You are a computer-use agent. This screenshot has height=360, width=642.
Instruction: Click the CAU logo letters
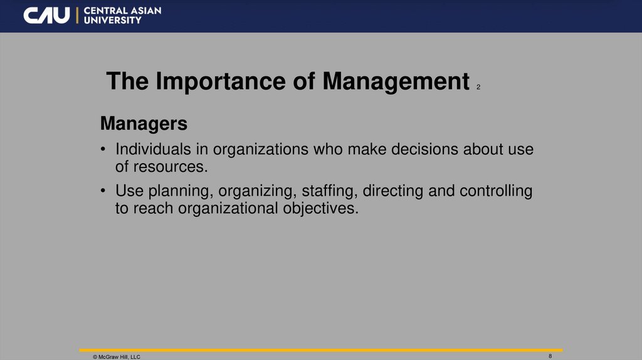click(47, 16)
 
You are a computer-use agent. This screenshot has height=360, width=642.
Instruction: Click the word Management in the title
click(396, 82)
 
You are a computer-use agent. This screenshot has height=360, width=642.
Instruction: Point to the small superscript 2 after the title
click(478, 87)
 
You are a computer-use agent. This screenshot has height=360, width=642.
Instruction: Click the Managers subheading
click(144, 124)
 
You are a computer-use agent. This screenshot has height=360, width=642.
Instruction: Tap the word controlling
click(496, 191)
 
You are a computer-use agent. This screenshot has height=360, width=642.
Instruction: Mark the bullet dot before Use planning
click(103, 191)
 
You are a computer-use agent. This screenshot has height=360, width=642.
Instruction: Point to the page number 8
click(550, 356)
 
